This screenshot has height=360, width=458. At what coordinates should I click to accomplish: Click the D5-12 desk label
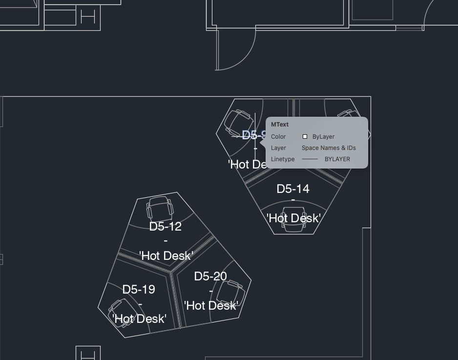pos(165,227)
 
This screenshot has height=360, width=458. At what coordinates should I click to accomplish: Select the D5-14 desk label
pos(292,189)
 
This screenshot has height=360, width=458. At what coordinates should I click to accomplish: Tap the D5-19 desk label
pos(139,290)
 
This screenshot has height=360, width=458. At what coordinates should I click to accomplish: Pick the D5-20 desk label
pos(210,276)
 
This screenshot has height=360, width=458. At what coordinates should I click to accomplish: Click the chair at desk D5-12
pos(160,209)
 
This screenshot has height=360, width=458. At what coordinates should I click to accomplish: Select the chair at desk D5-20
pos(231,293)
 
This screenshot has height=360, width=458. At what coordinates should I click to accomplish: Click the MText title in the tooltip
pos(280,125)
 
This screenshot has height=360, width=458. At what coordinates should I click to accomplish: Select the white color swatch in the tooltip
pos(305,137)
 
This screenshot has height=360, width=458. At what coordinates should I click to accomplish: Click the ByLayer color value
pos(323,137)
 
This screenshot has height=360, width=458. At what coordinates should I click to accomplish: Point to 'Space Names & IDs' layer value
pos(329,148)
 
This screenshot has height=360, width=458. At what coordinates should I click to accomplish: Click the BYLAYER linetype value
pos(337,159)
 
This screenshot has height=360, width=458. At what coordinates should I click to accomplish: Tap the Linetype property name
pos(283,159)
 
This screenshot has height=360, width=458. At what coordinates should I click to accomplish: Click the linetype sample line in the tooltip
pos(310,159)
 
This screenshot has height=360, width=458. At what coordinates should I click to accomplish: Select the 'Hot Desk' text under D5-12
pos(166,255)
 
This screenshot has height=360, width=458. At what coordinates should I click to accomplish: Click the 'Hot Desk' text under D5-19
pos(139,319)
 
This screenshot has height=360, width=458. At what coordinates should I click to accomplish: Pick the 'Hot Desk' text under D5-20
pos(211,306)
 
